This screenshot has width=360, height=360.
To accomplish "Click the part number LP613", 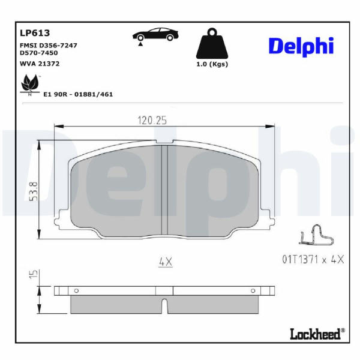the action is click(35, 33).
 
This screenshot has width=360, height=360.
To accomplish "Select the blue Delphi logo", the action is click(301, 47).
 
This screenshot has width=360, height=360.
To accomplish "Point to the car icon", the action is click(155, 36).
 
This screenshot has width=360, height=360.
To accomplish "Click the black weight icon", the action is click(212, 43).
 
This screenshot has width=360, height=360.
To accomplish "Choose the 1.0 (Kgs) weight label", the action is click(212, 64).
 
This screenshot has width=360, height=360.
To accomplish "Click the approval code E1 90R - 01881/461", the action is click(78, 94).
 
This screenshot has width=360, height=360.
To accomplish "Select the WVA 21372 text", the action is click(40, 64).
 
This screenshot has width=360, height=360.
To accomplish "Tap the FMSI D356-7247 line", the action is click(49, 45).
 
